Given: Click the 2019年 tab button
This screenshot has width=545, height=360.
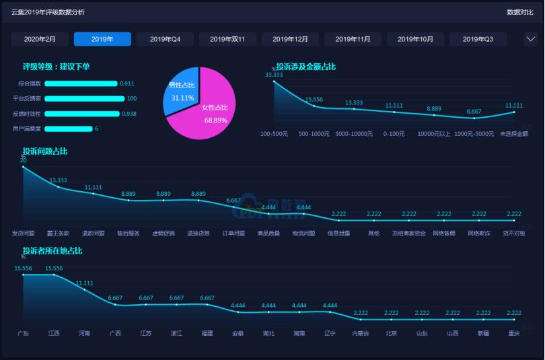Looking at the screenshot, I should point(102,39).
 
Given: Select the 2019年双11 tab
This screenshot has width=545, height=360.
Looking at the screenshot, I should point(227,39).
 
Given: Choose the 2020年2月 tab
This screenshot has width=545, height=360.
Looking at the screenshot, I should point(40,39).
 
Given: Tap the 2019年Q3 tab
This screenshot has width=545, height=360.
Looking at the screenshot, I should point(478,39).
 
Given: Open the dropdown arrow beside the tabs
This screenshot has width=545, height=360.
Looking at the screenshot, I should point(530,39).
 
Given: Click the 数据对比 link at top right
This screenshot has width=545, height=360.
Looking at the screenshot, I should point(520,12).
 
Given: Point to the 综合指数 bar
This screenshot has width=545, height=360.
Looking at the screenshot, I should point(81,83).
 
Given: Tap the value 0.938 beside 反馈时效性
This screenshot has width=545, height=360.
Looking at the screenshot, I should point(128,114).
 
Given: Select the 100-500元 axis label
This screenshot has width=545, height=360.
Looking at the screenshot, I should point(274,133).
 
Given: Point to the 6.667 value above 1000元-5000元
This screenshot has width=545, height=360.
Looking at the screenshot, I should point(474,112).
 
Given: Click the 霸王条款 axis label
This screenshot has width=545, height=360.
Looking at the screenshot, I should point(58,233).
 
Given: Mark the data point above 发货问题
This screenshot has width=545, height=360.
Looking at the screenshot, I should point(24,167).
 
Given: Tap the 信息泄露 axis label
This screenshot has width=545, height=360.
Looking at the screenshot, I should point(338,233).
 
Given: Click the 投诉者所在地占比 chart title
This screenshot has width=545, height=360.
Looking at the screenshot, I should point(52,251).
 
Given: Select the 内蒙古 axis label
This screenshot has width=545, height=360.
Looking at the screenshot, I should point(361,333).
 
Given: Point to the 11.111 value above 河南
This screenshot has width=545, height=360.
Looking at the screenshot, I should point(84,283).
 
